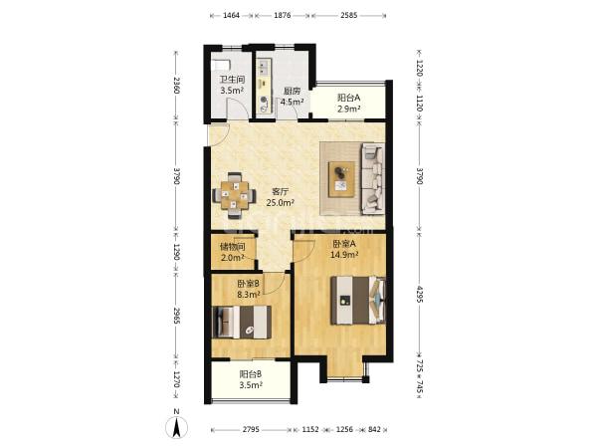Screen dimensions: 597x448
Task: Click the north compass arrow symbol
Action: [x=176, y=427]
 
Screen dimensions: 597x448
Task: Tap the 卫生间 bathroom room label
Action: [x=232, y=80]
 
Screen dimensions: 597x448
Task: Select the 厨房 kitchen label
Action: [x=292, y=91]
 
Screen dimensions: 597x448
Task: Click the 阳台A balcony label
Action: [x=349, y=98]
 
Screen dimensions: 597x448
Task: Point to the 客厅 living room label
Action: [x=280, y=191]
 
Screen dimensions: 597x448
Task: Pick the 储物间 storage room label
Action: [x=232, y=247]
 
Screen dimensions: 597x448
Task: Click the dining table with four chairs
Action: [x=234, y=196]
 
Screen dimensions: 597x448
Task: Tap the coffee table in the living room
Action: [x=341, y=179]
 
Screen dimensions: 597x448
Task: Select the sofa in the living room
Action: [x=372, y=177]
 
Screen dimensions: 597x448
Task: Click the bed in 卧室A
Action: [x=357, y=301]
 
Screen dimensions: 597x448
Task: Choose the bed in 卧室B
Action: [x=242, y=322]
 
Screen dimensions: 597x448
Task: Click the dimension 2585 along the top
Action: [x=349, y=15]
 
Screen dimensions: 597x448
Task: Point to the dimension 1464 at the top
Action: [x=231, y=15]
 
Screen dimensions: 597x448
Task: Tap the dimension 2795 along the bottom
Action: [x=251, y=429]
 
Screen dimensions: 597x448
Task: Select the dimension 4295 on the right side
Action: [x=419, y=295]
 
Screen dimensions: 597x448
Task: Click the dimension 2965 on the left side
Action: [x=176, y=316]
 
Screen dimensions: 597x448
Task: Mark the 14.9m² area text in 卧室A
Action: [x=344, y=255]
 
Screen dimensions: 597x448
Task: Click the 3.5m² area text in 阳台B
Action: [x=251, y=385]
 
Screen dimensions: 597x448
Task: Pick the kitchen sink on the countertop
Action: [x=264, y=68]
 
